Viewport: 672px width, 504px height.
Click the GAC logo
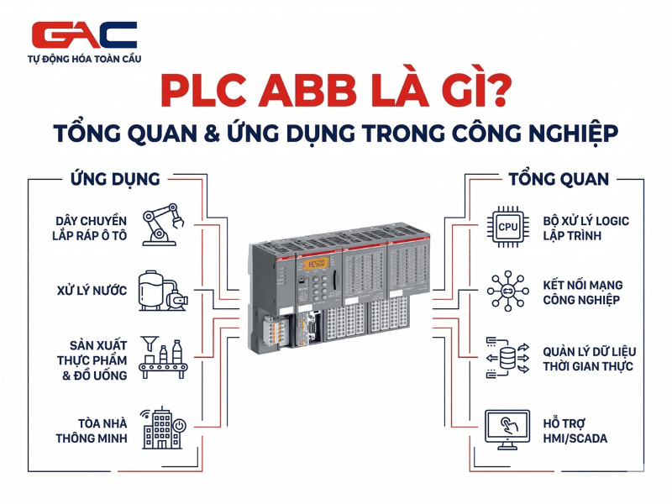tap(84, 36)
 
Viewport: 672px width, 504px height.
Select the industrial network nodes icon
tap(507, 291)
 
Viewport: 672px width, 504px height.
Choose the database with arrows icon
tap(507, 358)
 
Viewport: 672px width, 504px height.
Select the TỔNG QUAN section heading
tap(559, 179)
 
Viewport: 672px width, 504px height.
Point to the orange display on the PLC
tap(318, 264)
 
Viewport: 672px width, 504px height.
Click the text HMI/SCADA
tap(575, 438)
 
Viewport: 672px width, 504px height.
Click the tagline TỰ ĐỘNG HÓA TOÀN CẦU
tap(85, 60)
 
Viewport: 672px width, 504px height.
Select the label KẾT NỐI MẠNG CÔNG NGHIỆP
tap(582, 292)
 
